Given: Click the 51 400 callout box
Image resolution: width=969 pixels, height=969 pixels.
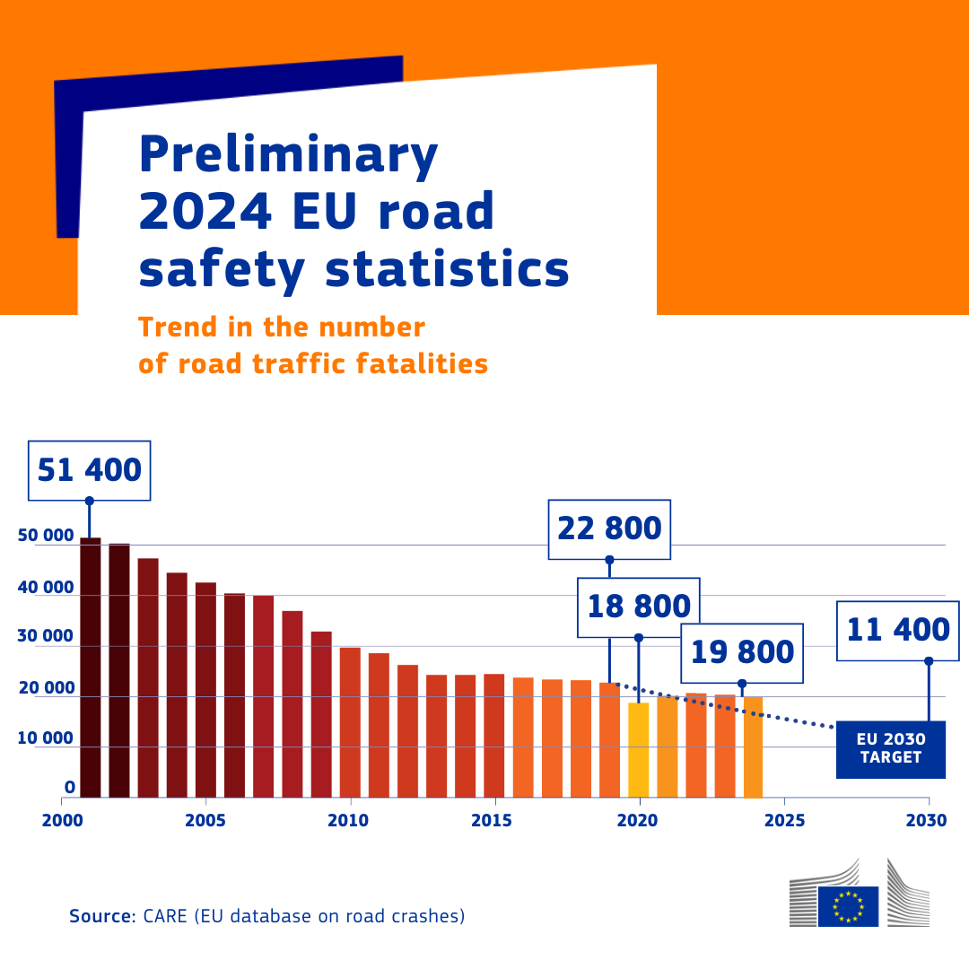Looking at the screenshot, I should (x=90, y=470).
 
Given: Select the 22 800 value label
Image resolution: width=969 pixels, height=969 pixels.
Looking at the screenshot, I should (x=609, y=528).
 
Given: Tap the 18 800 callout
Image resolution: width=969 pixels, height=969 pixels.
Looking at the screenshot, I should (x=639, y=607).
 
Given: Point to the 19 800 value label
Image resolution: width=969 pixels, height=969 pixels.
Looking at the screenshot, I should (x=742, y=652).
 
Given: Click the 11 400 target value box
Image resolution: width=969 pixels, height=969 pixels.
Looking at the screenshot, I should (x=898, y=630).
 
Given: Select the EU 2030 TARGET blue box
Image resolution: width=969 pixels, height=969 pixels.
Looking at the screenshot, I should (x=890, y=749).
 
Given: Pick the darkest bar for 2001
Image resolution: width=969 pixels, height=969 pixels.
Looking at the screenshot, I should (x=91, y=668).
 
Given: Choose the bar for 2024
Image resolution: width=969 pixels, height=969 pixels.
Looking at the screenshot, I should (x=753, y=746).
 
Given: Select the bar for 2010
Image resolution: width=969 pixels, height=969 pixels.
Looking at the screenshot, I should (x=350, y=722).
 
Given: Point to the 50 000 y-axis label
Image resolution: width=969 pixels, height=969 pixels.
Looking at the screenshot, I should (x=46, y=536).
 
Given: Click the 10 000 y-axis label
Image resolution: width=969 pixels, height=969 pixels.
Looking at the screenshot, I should (x=46, y=738).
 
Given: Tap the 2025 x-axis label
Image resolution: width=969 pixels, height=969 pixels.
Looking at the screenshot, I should (x=784, y=820).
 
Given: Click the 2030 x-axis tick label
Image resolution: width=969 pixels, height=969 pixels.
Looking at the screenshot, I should (x=928, y=820).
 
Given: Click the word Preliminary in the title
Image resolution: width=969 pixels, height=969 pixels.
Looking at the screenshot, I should (x=288, y=154).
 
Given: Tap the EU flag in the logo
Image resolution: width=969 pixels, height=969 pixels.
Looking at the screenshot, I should (x=848, y=905).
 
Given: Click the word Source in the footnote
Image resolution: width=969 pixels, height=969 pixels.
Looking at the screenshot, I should (x=101, y=917).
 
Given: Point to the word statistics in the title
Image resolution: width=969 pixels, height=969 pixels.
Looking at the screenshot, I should (x=447, y=269).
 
